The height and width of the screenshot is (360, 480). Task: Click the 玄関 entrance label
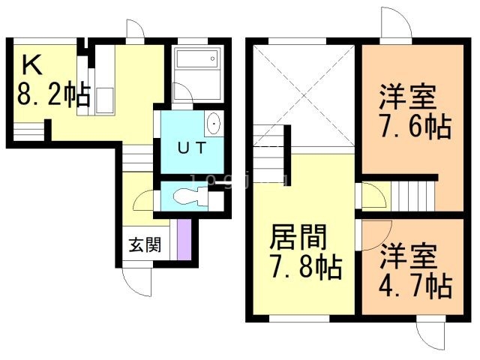click(x=143, y=244)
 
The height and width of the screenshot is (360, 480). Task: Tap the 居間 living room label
click(x=298, y=238)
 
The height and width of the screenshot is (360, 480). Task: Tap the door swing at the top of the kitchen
click(x=135, y=31)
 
